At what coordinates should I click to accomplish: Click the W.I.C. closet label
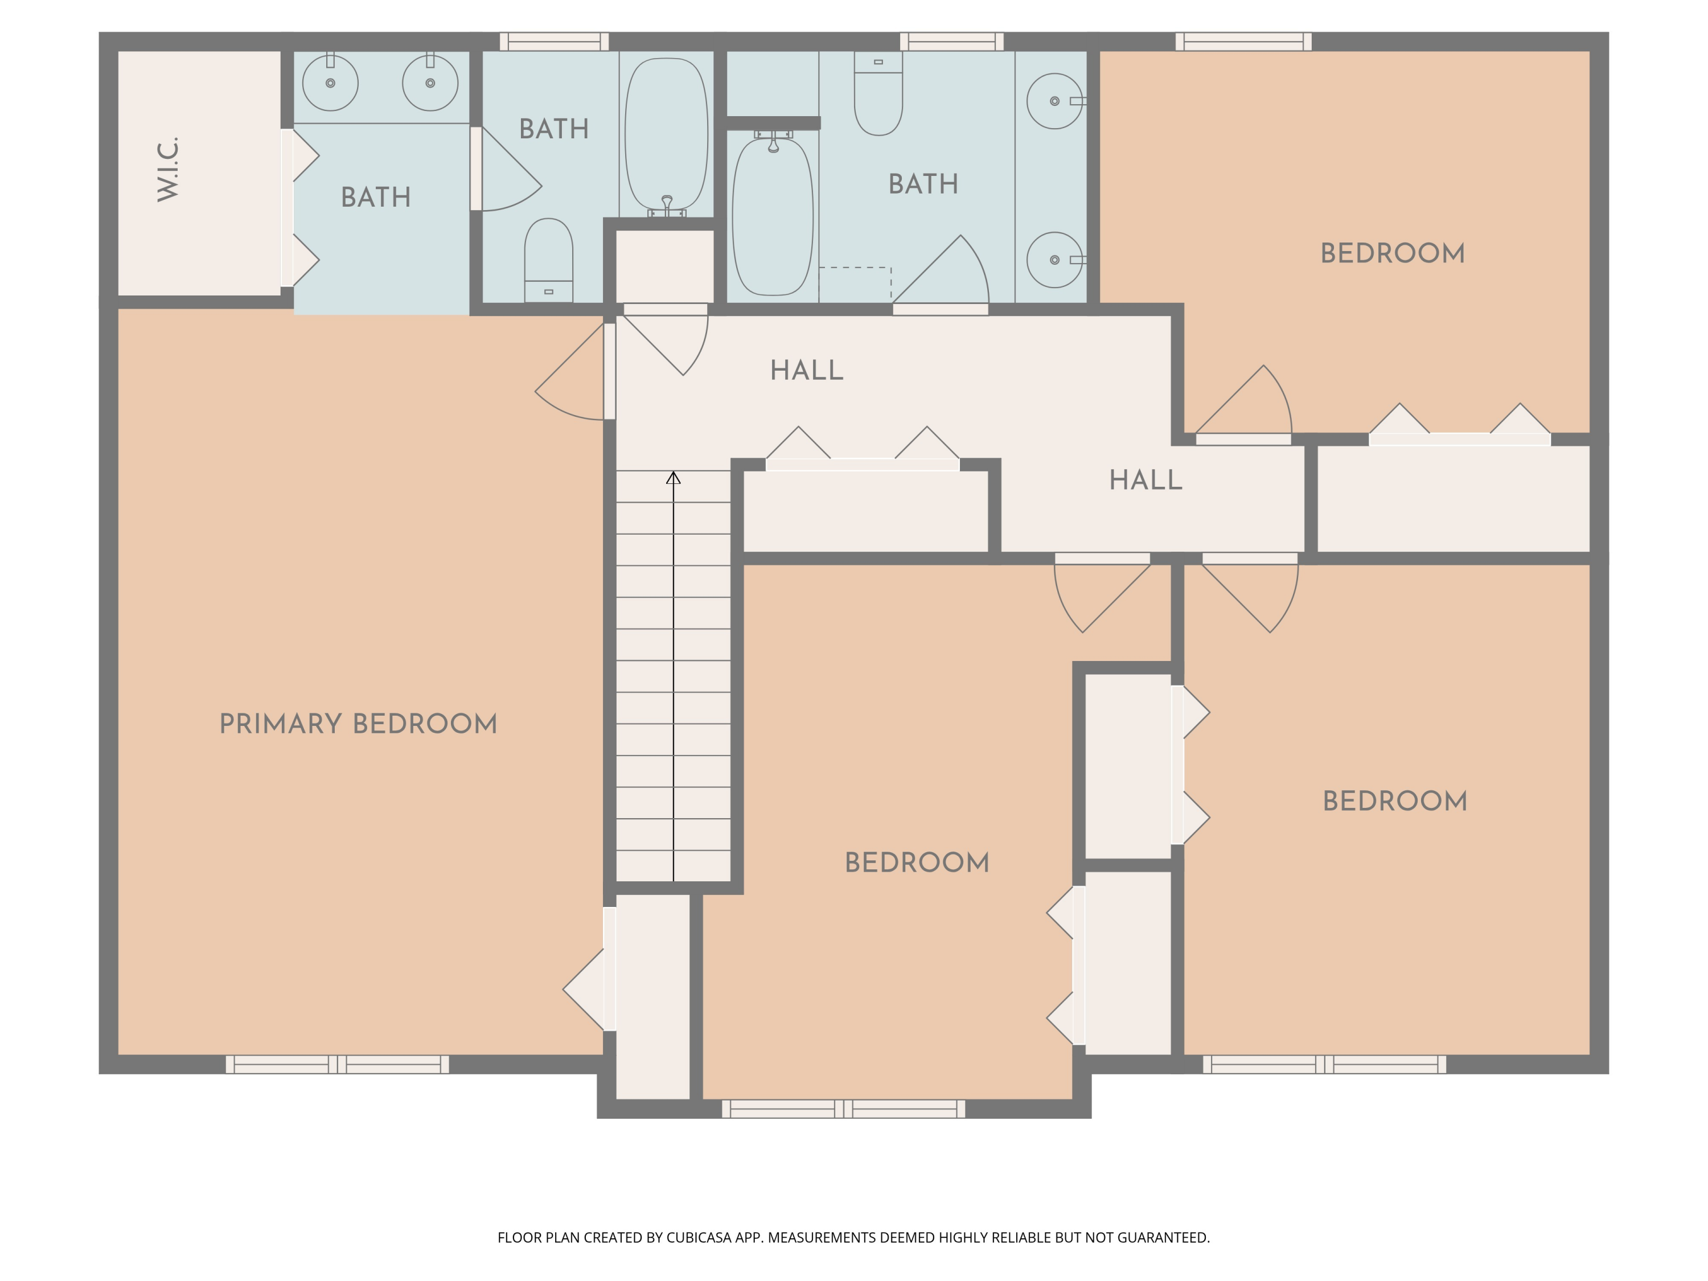169,170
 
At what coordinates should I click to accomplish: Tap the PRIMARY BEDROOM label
358,724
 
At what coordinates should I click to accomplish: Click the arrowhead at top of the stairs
674,478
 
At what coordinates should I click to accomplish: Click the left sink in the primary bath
330,83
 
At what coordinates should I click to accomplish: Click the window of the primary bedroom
338,1064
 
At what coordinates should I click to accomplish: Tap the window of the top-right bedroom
1243,42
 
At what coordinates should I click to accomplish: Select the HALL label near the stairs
807,371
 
